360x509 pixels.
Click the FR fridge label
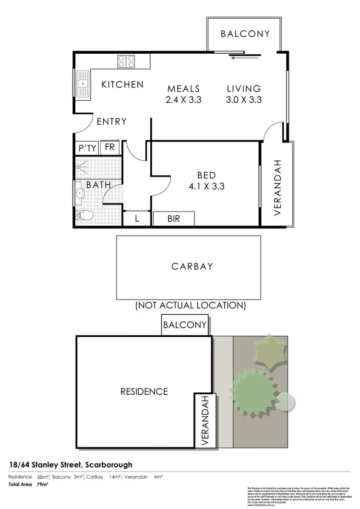click(109, 147)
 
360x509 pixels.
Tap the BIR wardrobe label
click(174, 219)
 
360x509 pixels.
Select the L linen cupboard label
click(137, 219)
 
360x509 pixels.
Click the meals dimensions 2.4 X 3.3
click(183, 100)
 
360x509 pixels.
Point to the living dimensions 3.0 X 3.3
click(243, 100)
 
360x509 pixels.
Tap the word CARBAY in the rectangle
click(192, 267)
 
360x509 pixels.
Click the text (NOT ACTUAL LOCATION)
click(191, 305)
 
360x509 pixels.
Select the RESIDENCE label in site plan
click(144, 391)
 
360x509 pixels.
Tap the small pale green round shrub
click(286, 401)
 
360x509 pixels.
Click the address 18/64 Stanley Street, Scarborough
click(71, 464)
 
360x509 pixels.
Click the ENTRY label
click(111, 122)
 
